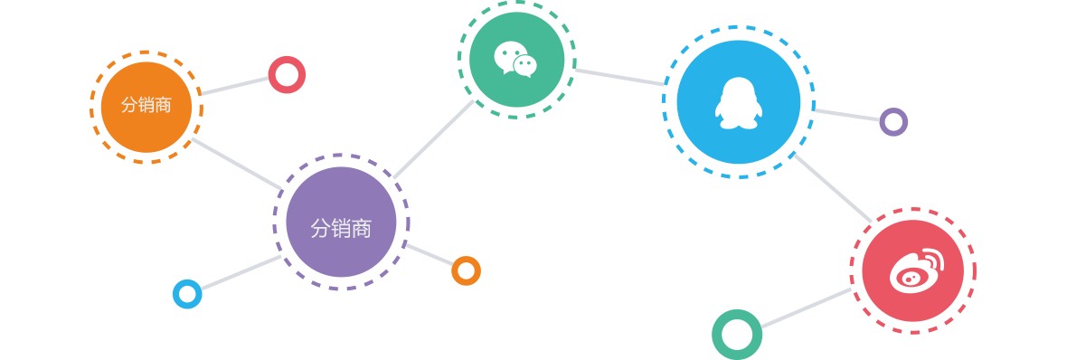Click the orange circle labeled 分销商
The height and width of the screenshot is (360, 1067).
(146, 107)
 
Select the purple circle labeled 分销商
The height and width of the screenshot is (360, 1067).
(341, 223)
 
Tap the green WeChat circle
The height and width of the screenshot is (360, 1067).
(516, 60)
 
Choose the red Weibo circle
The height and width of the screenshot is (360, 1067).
(912, 270)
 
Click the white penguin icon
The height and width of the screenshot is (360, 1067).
(738, 101)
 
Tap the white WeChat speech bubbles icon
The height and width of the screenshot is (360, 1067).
(515, 59)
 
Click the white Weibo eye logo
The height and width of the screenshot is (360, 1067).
(915, 271)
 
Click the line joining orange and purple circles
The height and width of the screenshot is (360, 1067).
(237, 164)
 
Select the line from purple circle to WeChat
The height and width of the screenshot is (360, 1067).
(434, 139)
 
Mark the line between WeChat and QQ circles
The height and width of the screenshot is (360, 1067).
(619, 77)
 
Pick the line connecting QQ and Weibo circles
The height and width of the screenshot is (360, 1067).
(832, 187)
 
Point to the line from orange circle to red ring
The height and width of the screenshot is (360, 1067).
(235, 85)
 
